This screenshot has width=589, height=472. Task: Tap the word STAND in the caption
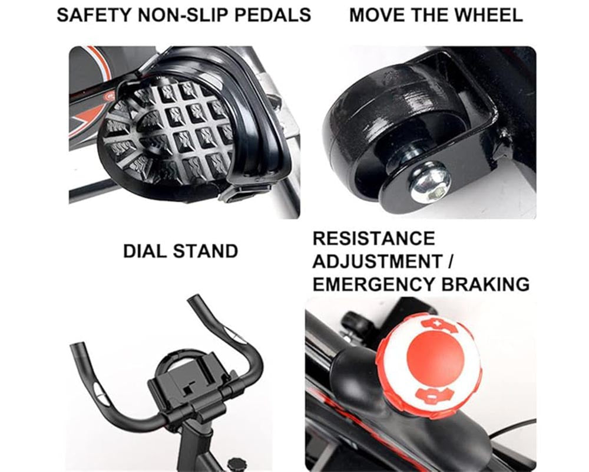click(x=206, y=251)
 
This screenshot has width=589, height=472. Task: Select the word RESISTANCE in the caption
click(x=373, y=238)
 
